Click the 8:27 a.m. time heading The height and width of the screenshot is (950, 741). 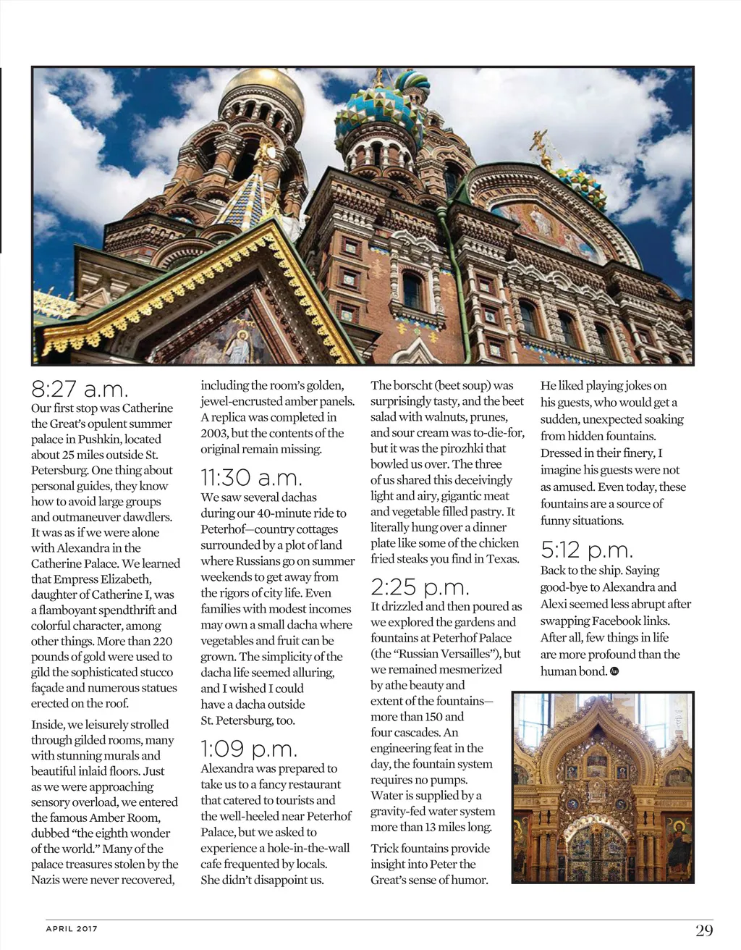(80, 390)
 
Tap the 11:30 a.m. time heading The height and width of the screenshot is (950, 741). (251, 478)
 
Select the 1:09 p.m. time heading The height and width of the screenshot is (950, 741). (249, 749)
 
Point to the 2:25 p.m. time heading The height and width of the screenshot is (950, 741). (420, 587)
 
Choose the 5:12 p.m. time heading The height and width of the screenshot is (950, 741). (587, 550)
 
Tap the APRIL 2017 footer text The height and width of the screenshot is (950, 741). (72, 929)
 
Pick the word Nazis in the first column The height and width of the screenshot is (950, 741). (46, 880)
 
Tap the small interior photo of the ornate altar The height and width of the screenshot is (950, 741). (602, 787)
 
